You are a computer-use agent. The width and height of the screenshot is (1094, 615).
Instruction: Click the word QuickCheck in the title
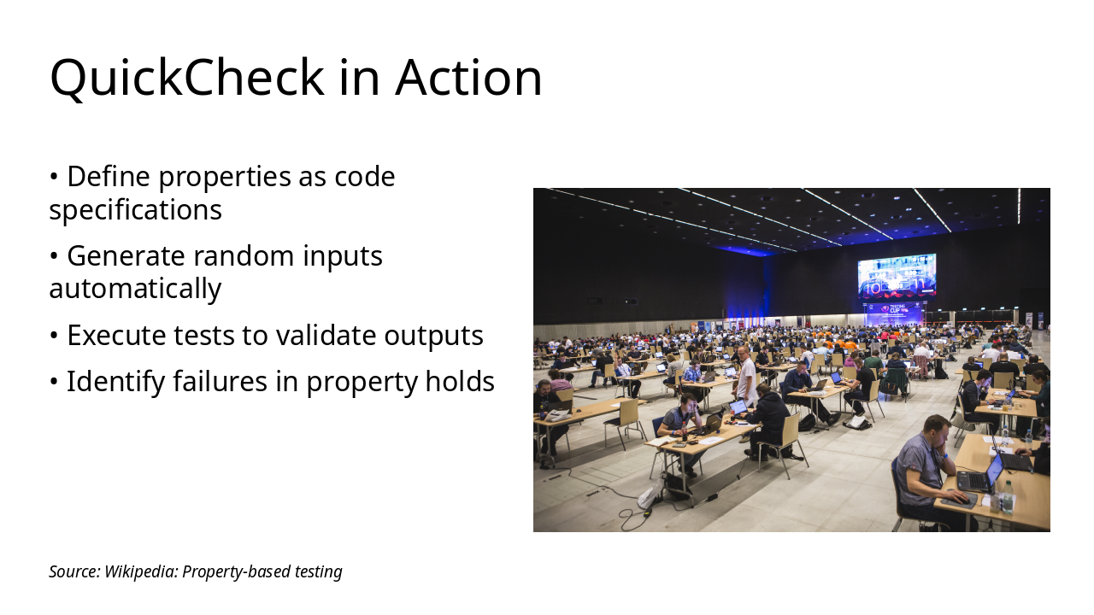(x=187, y=78)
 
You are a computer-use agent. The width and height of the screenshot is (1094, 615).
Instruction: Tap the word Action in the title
(x=468, y=78)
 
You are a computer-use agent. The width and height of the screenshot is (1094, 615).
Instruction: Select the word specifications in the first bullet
(x=135, y=209)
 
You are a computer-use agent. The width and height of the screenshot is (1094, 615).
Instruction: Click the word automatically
(x=135, y=289)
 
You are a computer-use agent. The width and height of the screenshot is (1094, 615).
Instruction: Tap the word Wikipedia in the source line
(x=141, y=571)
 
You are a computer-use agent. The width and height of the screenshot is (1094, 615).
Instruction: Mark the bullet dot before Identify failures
(x=54, y=381)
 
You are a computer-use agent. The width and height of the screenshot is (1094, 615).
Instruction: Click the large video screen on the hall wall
(x=897, y=276)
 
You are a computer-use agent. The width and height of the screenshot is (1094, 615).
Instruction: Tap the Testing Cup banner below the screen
(x=894, y=313)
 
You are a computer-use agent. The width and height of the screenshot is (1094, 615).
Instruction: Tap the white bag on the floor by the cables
(x=650, y=495)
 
